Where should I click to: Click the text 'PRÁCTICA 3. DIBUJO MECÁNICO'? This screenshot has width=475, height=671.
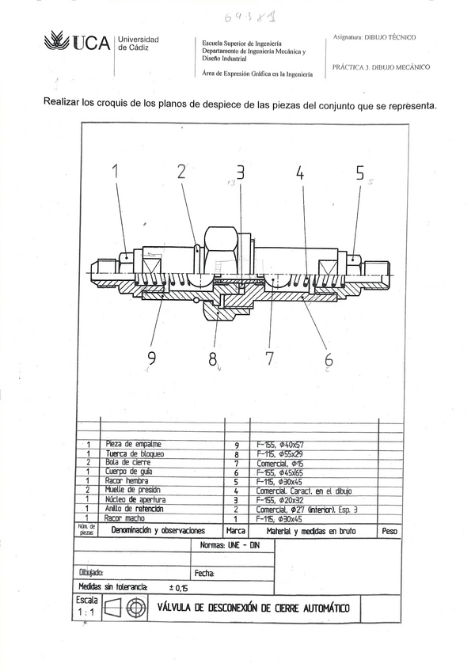[381, 68]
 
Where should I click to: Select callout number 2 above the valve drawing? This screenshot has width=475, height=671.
[181, 172]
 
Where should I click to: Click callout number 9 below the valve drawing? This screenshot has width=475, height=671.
[152, 358]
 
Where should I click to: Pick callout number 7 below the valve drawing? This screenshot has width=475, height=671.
[269, 358]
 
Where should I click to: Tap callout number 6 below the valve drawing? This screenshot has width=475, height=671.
[329, 359]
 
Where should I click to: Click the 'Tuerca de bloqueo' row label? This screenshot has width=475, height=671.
[135, 453]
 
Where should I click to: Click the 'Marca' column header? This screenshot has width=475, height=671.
[236, 531]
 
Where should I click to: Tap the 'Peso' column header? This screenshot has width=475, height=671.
[389, 531]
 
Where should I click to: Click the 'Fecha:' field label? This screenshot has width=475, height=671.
[203, 572]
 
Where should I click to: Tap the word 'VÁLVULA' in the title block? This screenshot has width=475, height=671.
[181, 608]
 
